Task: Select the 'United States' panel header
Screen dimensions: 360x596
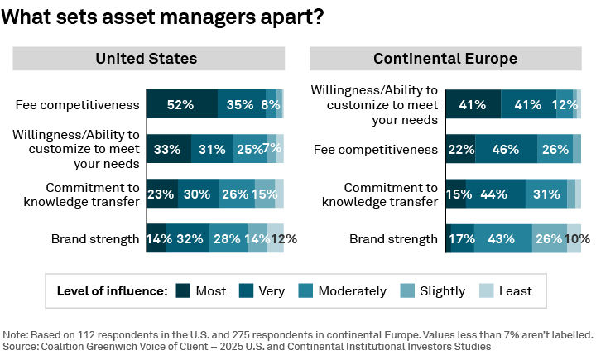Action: click(x=146, y=59)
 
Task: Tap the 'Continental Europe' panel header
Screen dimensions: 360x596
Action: click(x=445, y=59)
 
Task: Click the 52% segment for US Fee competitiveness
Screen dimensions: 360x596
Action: click(x=181, y=104)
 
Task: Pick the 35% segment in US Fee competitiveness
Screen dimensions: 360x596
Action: click(x=241, y=104)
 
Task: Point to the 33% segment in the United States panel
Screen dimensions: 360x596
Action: click(x=168, y=149)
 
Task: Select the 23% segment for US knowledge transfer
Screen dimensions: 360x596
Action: click(x=161, y=194)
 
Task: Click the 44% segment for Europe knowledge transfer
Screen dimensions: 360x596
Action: click(x=495, y=194)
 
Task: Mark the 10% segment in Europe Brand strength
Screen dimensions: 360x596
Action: click(x=574, y=238)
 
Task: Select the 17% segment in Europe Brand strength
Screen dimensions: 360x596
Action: click(x=459, y=238)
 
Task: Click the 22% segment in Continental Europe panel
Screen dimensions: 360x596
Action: click(x=460, y=149)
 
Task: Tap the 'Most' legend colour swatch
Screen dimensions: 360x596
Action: click(x=183, y=290)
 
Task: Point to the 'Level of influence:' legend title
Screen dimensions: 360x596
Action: click(x=112, y=290)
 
